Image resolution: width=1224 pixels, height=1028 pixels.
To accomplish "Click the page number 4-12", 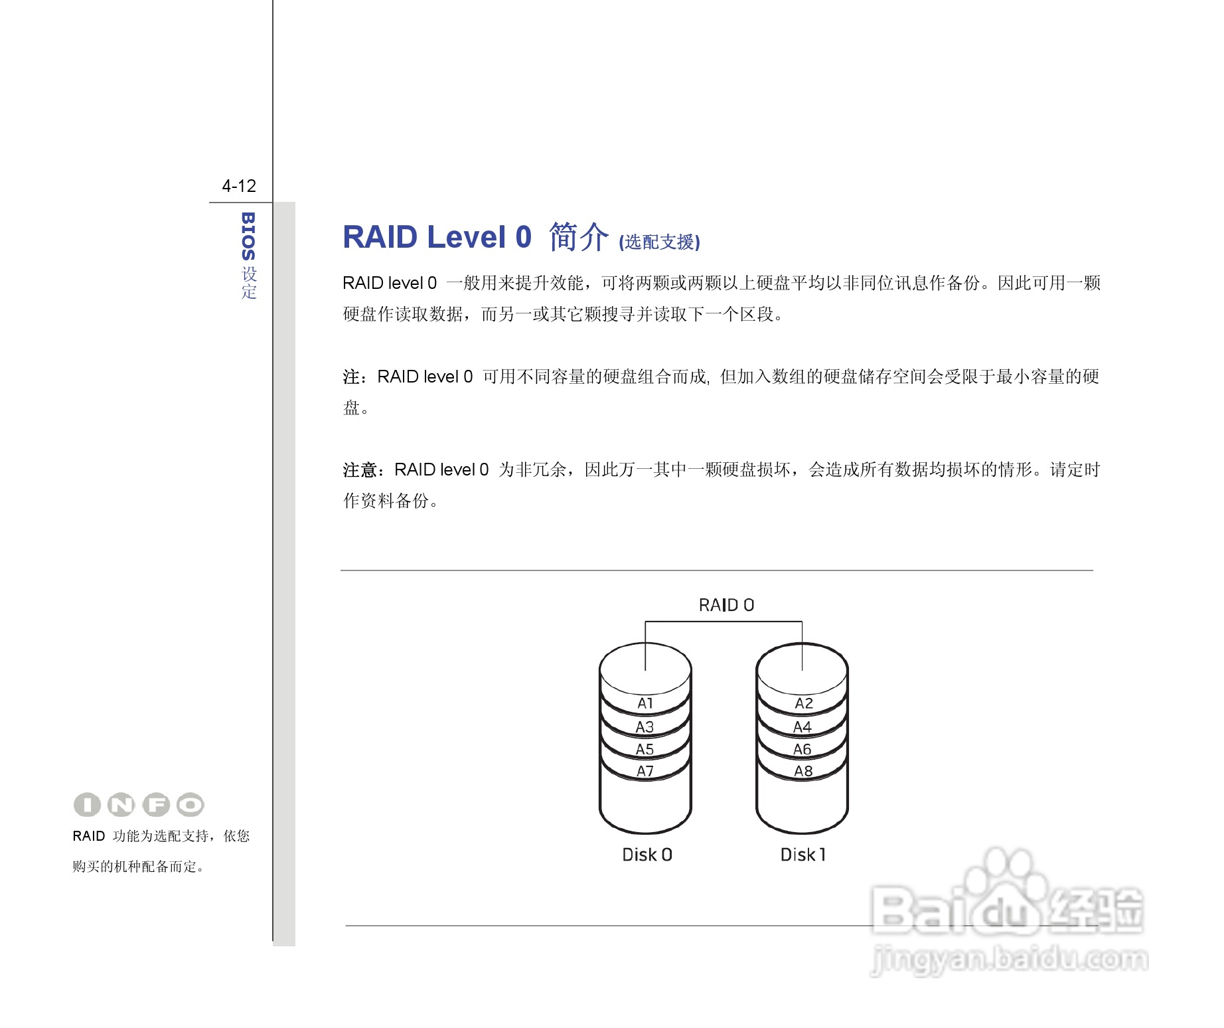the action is [x=239, y=186].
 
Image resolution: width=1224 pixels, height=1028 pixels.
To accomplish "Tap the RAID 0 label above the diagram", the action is [x=726, y=605].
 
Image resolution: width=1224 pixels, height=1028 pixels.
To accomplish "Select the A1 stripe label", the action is [x=645, y=703].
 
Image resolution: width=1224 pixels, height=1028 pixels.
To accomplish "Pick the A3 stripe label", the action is [x=645, y=727].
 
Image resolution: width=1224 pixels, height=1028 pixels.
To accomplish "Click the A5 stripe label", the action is [x=645, y=749].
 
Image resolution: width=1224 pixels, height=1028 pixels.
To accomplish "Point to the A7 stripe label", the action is [x=645, y=771].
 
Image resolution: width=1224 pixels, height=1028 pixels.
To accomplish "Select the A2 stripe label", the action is [x=803, y=703].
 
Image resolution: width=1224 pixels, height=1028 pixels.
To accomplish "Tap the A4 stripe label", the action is [x=803, y=727].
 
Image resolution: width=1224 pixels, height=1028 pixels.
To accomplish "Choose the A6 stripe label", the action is [x=803, y=749].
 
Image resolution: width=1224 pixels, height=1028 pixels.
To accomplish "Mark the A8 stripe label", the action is [x=803, y=771].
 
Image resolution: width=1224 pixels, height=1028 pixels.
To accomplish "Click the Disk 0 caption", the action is [x=647, y=855].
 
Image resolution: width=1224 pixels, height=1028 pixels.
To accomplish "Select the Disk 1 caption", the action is [x=803, y=855].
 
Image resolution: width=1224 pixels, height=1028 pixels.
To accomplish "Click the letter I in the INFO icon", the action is [x=87, y=805].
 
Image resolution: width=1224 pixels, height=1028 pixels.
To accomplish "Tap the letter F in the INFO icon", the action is [x=157, y=805].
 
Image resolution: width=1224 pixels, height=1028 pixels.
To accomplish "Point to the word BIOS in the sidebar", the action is [x=248, y=236].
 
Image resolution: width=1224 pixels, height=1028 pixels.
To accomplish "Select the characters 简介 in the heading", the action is [x=578, y=237].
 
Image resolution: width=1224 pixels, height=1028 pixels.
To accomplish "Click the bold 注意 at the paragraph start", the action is [x=360, y=470].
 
